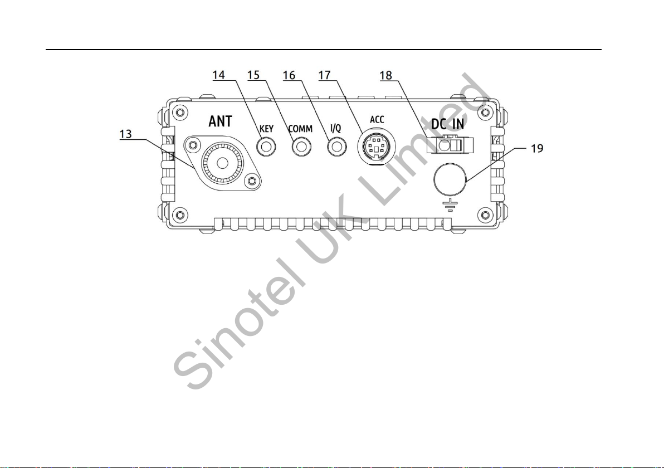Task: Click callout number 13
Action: (x=126, y=134)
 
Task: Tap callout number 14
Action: (x=218, y=75)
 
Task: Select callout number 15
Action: (x=253, y=75)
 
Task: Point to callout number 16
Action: (x=289, y=75)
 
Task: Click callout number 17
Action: (x=324, y=75)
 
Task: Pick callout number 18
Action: (x=386, y=75)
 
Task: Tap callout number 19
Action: (x=537, y=149)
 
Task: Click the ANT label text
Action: (x=220, y=121)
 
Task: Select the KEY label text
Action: (x=266, y=129)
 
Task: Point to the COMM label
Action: (x=300, y=129)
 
